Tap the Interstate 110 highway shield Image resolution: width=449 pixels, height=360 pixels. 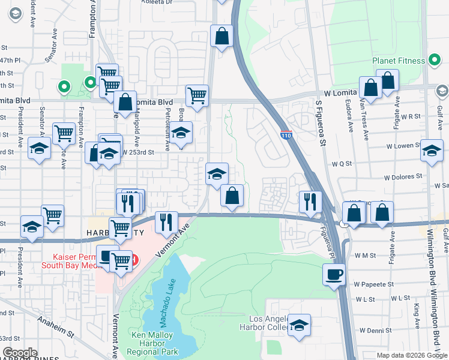286,135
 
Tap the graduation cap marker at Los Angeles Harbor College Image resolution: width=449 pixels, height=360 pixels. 299,325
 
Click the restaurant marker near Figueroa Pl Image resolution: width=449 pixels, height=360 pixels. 310,202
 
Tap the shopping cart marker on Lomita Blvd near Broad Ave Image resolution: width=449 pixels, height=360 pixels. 197,95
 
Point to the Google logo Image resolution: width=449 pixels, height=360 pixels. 20,353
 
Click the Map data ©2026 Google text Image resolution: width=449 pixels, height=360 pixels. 412,355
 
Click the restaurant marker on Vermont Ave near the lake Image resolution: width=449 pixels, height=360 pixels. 166,222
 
